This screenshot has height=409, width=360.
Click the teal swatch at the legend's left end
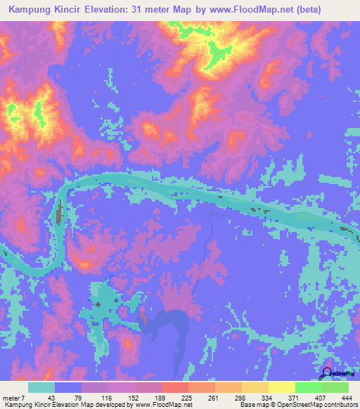point(41,388)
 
